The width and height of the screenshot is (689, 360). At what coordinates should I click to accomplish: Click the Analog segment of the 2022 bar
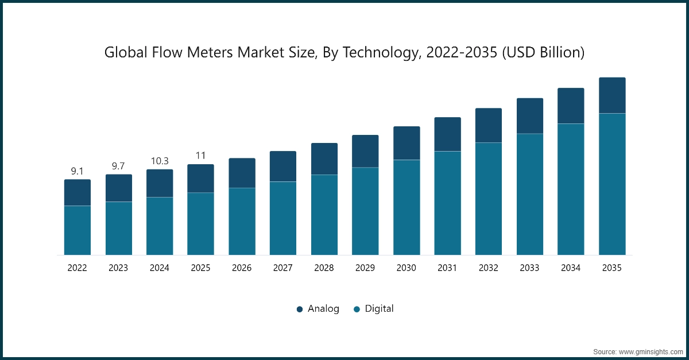[78, 192]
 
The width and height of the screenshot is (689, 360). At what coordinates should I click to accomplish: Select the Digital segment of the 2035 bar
[612, 184]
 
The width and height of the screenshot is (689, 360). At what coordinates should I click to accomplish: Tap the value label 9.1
[78, 171]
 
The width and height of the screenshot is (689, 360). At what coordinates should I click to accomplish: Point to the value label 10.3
[160, 161]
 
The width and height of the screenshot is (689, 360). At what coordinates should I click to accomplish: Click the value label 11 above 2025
[200, 156]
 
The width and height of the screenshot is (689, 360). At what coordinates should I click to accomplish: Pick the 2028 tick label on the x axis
[324, 268]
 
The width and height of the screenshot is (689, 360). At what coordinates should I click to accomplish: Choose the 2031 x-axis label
[447, 268]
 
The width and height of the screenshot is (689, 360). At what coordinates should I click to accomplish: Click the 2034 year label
[571, 268]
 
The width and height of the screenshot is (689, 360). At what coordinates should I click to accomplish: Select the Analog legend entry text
[323, 309]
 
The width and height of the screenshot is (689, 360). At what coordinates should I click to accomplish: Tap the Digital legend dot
[357, 309]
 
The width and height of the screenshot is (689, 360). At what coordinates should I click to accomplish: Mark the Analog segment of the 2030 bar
[407, 143]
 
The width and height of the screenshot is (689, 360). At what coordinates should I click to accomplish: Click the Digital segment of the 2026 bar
[242, 221]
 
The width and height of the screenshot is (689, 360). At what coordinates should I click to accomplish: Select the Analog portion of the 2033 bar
[530, 116]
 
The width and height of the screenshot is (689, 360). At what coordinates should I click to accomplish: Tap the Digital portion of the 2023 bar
[119, 228]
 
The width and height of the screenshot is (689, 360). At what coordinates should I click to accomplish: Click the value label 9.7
[118, 166]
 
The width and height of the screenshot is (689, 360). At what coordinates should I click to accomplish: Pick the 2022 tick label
[78, 268]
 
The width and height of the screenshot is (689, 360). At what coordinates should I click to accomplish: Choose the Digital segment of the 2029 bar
[365, 211]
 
